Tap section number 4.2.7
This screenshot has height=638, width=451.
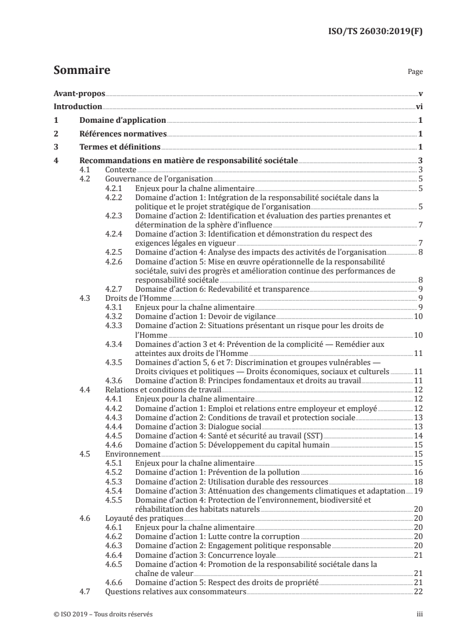pos(116,289)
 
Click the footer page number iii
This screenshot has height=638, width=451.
pos(419,615)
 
